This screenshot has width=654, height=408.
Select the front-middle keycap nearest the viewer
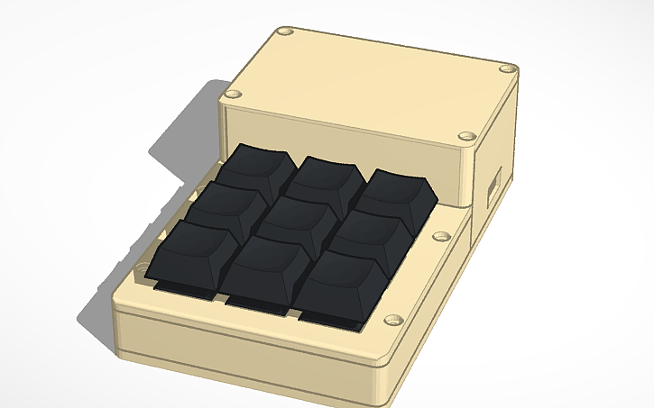click(263, 267)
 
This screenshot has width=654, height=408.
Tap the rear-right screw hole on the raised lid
click(509, 68)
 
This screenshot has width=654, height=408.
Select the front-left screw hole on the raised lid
click(234, 93)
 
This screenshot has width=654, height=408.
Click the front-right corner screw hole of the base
click(391, 320)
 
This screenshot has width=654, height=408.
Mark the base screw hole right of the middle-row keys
click(441, 237)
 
